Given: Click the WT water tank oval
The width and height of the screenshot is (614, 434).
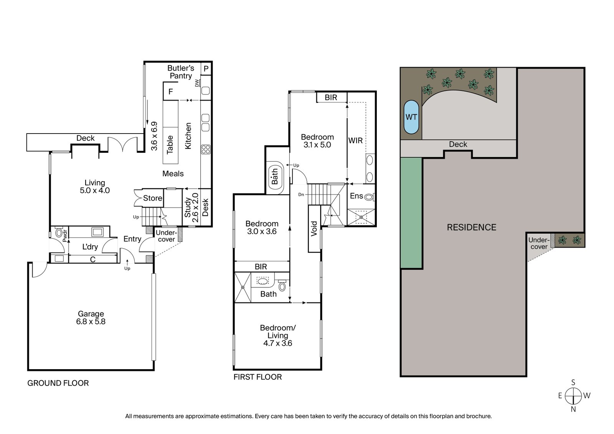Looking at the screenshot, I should coord(411,117).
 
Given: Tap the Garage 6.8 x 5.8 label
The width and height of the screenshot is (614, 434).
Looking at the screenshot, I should coord(91,318).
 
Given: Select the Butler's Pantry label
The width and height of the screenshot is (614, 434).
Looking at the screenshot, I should coord(181,72).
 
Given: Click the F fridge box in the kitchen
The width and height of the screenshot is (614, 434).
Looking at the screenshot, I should coord(170,92).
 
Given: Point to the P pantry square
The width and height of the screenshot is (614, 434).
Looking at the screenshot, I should coord(206,69).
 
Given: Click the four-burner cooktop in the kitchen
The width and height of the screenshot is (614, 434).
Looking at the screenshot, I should coord(206,149).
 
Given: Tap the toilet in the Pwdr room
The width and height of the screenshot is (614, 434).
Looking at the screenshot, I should coord(59,233).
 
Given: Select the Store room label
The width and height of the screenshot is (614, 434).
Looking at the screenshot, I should coord(152,198).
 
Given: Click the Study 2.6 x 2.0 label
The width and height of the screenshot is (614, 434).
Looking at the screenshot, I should coord(191,208).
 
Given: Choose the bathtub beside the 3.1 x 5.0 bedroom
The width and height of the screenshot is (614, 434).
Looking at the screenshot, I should coord(274,177).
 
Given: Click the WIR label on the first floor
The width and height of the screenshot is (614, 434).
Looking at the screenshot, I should coord(355,140).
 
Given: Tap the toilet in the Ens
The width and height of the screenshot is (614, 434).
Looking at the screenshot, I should coord(368,197).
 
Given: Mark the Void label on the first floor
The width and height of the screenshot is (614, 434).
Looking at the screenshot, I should coord(314,229).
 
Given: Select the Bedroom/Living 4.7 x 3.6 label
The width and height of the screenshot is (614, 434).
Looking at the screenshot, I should coord(277,335).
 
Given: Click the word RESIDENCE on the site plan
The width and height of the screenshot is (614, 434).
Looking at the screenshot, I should coord(471,227).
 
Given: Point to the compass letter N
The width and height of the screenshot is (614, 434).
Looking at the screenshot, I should coord(573,409).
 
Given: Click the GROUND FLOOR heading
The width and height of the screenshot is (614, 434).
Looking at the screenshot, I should coord(58,383).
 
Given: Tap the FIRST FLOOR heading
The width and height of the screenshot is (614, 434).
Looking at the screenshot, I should coord(257,377).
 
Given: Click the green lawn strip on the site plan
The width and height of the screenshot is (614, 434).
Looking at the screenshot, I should coord(411,213).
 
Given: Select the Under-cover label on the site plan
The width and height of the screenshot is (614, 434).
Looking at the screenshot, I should coord(539,243).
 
